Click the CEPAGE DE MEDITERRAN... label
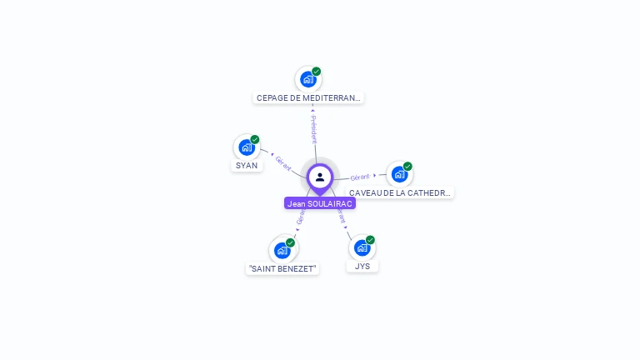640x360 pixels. coord(308,97)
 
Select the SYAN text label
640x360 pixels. coord(247,165)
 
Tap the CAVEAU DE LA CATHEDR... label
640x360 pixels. coord(400,192)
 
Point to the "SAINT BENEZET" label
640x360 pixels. coord(282,268)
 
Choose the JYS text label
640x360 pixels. coord(362,266)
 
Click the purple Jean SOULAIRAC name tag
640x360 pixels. coord(320,203)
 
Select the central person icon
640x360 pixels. coord(320,177)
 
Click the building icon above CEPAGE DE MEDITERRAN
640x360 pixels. coord(308,80)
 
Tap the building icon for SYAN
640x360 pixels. coord(246,147)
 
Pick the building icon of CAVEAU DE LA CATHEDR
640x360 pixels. coord(399,174)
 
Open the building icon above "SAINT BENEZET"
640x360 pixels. coord(282,250)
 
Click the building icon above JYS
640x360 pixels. coord(362,247)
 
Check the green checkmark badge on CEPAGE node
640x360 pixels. coord(317,72)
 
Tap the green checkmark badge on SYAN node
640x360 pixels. coord(255,139)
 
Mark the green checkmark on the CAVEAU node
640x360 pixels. coord(407,166)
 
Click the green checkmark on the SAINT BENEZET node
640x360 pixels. coord(291,242)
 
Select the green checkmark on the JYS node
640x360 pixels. coord(370,240)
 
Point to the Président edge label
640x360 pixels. coord(313,130)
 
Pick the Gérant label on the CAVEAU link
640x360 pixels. coord(360,177)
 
